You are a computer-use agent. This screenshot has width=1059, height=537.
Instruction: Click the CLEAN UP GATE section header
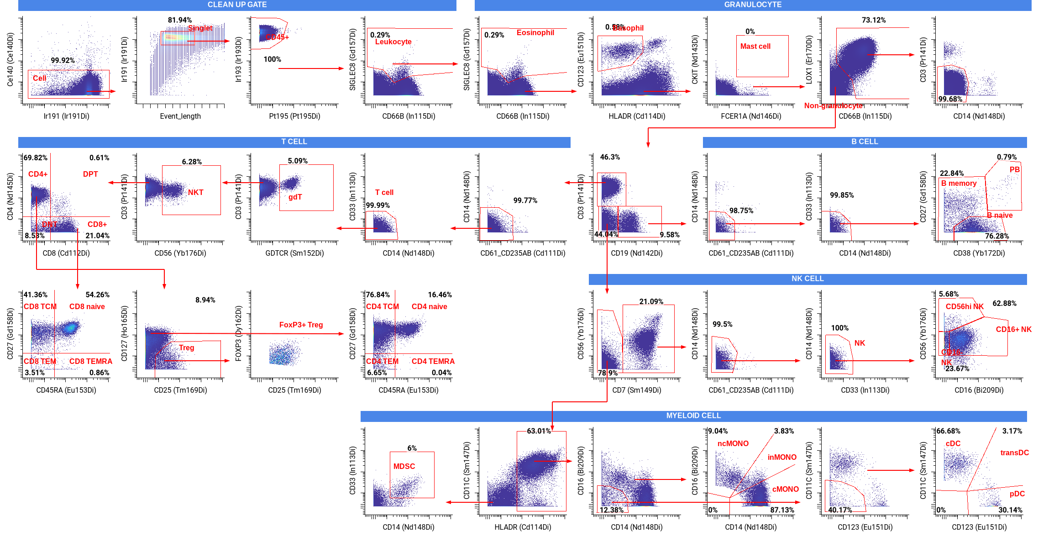point(237,5)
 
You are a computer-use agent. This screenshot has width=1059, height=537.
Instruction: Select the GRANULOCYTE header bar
point(753,5)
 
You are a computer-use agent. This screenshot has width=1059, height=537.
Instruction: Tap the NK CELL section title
point(807,279)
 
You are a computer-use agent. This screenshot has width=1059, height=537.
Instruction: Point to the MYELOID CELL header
point(693,416)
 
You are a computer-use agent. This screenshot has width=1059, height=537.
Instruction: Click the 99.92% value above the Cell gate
point(63,61)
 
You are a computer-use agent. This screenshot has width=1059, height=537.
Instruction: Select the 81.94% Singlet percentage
point(179,21)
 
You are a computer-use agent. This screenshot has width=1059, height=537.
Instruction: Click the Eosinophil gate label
point(535,33)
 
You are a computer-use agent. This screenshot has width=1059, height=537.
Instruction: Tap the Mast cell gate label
point(755,47)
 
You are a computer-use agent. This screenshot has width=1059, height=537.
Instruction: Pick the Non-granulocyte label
point(833,106)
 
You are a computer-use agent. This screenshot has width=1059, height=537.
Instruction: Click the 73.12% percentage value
point(873,21)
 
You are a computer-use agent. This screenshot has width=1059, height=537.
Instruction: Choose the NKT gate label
point(196,193)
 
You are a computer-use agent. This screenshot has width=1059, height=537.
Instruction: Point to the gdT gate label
point(295,197)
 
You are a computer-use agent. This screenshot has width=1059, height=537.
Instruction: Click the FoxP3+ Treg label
point(301,325)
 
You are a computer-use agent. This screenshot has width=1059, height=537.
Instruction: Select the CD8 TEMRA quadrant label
point(91,362)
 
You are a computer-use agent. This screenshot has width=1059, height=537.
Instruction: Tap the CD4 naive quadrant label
point(429,307)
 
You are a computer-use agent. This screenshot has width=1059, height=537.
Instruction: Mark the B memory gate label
point(959,184)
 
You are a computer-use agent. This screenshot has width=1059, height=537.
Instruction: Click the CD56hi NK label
point(965,307)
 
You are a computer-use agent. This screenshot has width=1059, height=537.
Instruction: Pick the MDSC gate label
point(404,467)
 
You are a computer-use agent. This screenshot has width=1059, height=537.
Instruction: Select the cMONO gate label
point(785,490)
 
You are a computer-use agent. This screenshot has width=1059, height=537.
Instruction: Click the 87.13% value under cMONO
point(782,510)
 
